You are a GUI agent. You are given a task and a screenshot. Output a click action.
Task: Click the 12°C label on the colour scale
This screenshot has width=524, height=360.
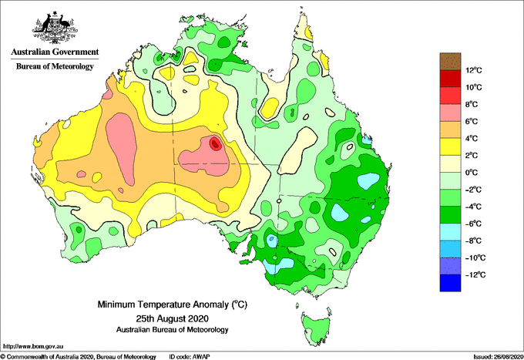click(474, 70)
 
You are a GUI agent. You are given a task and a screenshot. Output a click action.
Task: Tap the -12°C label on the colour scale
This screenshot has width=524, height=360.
click(475, 274)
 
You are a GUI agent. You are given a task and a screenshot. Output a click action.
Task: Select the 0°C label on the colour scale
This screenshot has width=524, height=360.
click(472, 173)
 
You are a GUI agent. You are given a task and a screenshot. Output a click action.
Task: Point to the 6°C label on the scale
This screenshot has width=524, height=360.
click(472, 121)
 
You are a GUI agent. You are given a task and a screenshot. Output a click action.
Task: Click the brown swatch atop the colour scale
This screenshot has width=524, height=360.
click(450, 61)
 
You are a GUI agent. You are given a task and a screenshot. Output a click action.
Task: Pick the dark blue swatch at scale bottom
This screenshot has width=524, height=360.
click(450, 283)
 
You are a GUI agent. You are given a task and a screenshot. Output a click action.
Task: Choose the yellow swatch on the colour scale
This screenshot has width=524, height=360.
click(450, 146)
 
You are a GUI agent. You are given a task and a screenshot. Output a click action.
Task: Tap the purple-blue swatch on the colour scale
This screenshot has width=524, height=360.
click(450, 266)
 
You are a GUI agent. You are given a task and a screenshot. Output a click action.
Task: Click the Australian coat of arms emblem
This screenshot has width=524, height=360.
click(55, 28)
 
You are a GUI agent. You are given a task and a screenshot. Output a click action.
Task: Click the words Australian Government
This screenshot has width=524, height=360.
click(55, 52)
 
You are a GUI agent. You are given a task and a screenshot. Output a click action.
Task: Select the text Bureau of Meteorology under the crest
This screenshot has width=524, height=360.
click(55, 66)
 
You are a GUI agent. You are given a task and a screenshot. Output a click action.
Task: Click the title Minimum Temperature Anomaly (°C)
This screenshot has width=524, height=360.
click(172, 304)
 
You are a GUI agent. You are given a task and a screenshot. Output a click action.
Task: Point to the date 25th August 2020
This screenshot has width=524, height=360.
click(172, 318)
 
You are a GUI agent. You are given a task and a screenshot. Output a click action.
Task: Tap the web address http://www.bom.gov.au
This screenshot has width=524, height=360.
click(32, 347)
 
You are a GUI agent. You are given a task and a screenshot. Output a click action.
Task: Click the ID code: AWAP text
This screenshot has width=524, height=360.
click(190, 357)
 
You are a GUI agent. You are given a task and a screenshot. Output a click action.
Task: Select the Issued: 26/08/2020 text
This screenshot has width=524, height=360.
click(498, 357)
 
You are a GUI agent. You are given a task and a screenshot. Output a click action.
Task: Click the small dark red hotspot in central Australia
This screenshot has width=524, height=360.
click(215, 143)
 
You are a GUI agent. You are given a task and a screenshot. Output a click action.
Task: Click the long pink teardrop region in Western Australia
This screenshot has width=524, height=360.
click(121, 147)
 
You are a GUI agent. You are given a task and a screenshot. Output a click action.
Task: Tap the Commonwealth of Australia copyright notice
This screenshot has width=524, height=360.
click(78, 357)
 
